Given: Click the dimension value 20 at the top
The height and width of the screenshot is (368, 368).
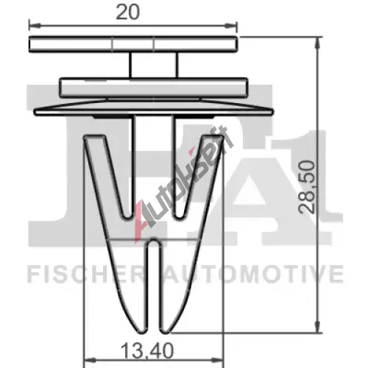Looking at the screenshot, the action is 127,13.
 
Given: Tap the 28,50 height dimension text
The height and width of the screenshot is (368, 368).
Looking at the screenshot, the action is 306,187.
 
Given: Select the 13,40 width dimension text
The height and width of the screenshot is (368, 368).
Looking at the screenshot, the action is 147,351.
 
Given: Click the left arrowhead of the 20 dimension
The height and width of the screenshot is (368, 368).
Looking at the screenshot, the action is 35,25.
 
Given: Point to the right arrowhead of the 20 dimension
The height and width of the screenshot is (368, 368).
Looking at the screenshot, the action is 231,25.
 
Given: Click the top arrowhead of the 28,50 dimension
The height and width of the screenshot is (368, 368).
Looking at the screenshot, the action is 318,43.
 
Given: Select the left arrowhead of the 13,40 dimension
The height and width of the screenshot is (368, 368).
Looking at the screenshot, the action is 90,361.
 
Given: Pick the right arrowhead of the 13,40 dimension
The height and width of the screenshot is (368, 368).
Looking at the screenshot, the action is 218,361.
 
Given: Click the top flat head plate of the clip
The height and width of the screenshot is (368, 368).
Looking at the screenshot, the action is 133,44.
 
